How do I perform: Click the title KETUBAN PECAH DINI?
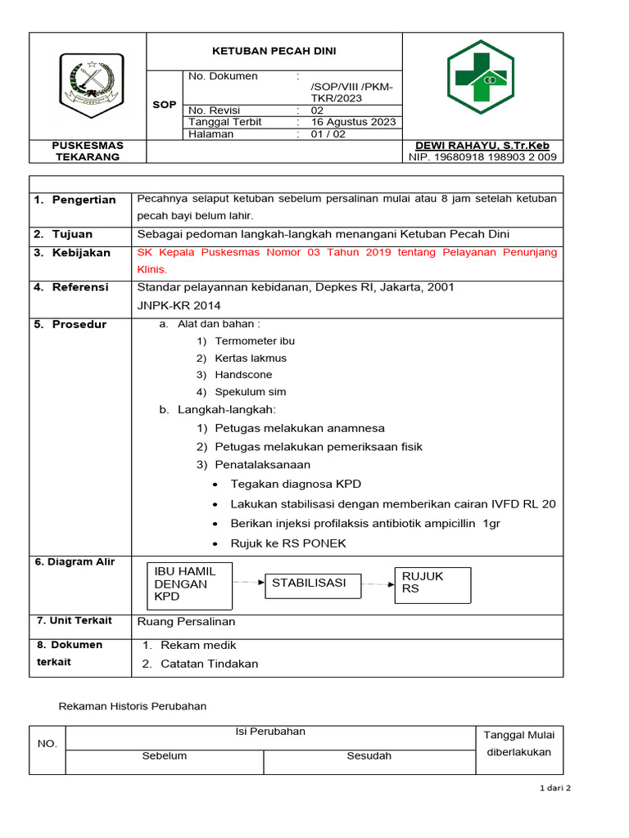coord(274,51)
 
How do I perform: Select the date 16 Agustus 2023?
coord(353,122)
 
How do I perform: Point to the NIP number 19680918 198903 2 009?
coord(482,157)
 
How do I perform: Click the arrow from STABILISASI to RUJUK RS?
coord(378,583)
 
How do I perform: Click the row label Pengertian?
coord(84,200)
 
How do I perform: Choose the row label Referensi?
coord(80,287)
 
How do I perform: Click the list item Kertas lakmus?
coord(251,358)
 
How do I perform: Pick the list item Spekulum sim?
coord(251,392)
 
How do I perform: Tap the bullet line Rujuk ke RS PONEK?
coord(288,543)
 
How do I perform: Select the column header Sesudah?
coord(369,755)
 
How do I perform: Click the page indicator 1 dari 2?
coord(555,788)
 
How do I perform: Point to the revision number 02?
coord(317,110)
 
